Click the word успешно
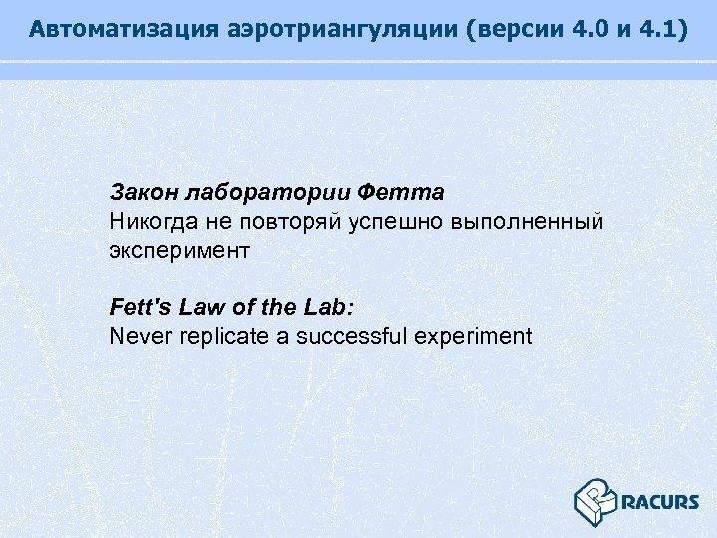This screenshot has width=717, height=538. pyautogui.click(x=398, y=220)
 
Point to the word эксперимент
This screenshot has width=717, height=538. pyautogui.click(x=178, y=250)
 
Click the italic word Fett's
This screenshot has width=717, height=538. pyautogui.click(x=135, y=307)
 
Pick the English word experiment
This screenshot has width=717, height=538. pyautogui.click(x=473, y=336)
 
